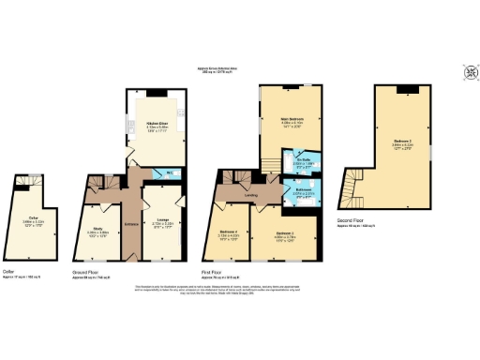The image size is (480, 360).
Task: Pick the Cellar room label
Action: pos(34,217)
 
